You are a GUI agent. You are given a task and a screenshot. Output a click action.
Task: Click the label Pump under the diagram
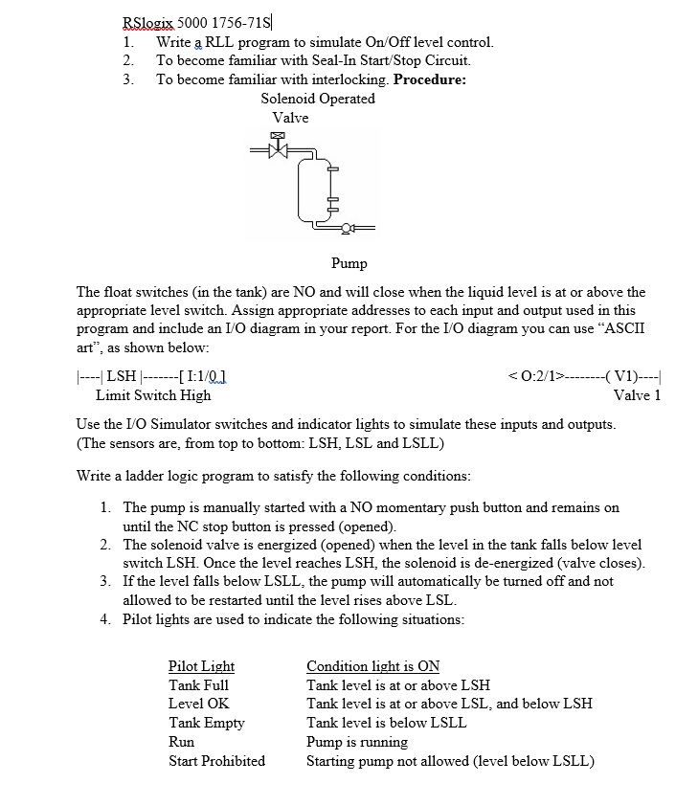(349, 262)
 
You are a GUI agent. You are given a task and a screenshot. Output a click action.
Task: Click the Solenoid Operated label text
(317, 99)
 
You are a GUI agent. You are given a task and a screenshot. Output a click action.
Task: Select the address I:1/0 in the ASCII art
(211, 375)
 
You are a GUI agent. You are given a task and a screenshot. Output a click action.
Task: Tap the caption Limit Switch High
(153, 394)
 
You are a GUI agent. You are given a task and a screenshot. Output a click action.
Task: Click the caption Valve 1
(637, 394)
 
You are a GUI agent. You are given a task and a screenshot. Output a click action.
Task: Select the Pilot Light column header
(201, 666)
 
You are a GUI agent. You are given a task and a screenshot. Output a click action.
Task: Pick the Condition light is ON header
(372, 666)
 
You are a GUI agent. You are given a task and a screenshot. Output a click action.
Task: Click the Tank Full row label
(198, 684)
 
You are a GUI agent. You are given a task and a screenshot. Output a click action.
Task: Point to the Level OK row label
(198, 704)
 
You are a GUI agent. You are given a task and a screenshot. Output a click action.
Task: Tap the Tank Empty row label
(206, 723)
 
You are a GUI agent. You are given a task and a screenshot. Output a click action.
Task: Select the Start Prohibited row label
(216, 761)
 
